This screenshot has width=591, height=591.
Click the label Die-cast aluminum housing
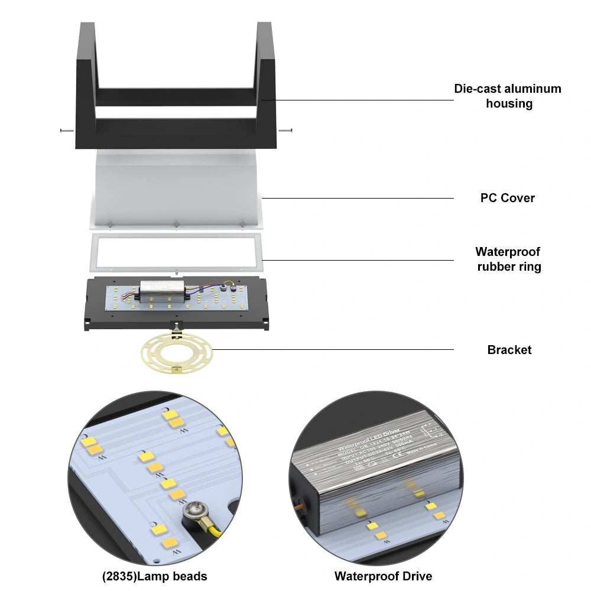(508, 96)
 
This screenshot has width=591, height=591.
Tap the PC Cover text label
(507, 198)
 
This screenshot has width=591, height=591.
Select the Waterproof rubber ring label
(508, 259)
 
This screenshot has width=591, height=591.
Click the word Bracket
(509, 350)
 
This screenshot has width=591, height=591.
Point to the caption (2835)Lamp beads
(154, 576)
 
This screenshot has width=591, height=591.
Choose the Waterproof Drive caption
(383, 576)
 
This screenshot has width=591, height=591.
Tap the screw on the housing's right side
(286, 131)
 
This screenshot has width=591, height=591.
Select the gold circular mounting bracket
(176, 353)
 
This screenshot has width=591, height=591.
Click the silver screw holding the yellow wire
(194, 512)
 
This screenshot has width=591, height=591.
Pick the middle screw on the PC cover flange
(176, 223)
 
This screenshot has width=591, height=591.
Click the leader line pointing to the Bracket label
(331, 349)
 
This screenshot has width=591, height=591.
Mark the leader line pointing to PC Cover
(355, 198)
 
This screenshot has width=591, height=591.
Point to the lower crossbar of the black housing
(176, 126)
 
